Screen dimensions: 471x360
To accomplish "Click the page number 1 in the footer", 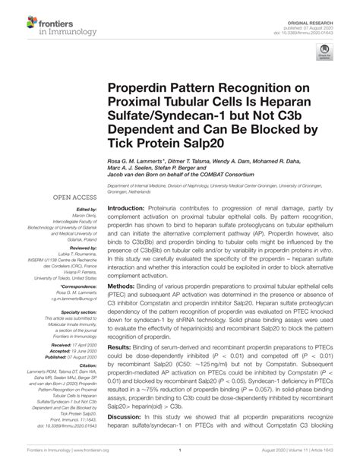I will coord(180,460).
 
